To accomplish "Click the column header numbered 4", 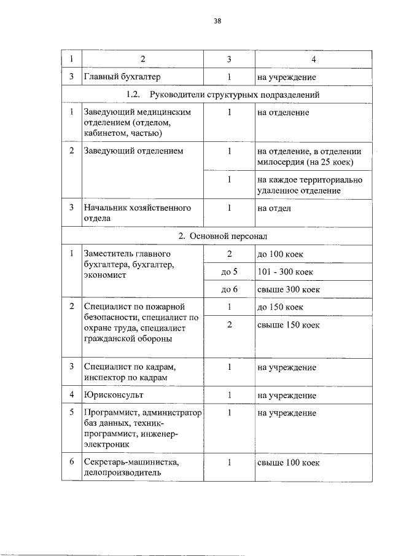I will [314, 59].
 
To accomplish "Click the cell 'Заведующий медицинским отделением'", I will [138, 122].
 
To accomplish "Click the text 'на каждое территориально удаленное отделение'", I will [309, 186].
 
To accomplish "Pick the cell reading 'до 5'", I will [228, 271].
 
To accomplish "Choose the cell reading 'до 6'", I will [228, 289].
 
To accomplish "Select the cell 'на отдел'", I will [274, 208].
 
